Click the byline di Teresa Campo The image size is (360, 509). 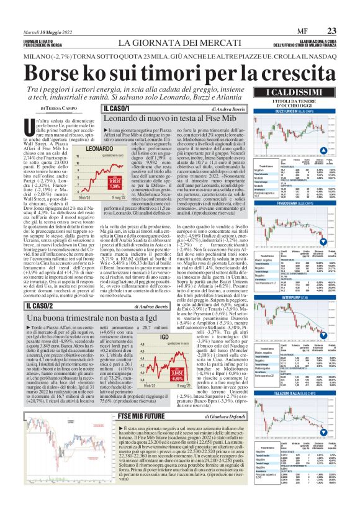[x=26, y=108]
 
